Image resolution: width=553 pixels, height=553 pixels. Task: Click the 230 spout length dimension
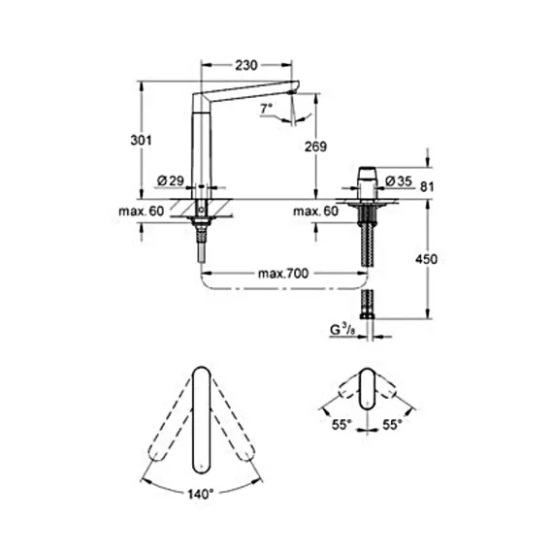pos(247,66)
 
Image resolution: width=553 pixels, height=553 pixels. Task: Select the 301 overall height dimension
pos(142,141)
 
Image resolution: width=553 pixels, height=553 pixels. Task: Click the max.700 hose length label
pos(283,275)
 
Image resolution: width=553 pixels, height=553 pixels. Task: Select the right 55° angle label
pos(393,425)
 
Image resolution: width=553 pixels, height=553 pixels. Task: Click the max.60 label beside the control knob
pos(314,211)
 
